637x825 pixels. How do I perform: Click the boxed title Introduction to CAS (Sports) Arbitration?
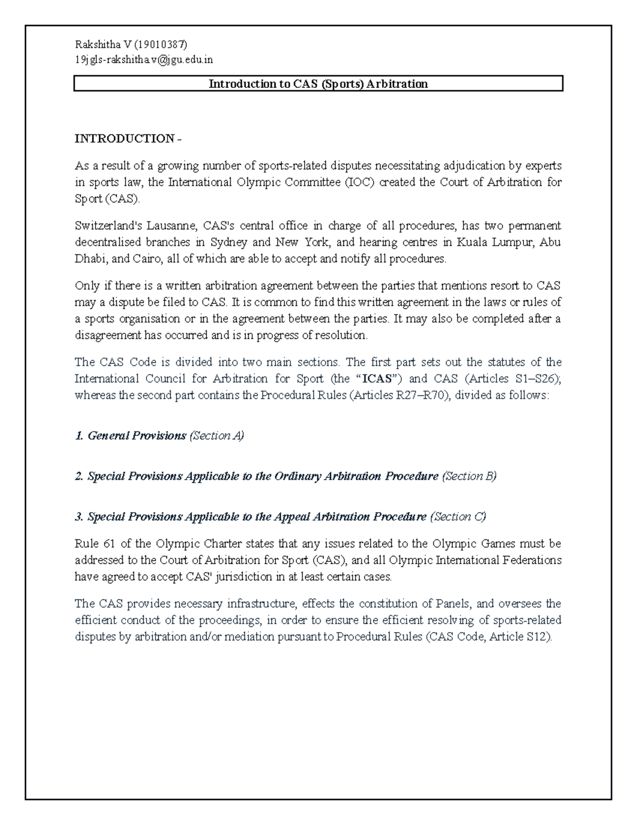coord(318,84)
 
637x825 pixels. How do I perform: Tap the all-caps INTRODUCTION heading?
coord(125,139)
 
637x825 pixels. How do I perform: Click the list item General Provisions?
coord(136,436)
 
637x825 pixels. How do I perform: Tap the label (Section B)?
coord(469,477)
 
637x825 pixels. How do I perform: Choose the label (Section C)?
coord(458,517)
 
